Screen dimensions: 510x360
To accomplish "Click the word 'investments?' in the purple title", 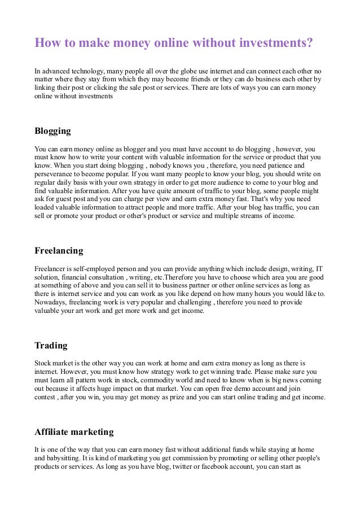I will (x=270, y=43).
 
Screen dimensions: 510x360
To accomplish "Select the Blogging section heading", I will (x=52, y=131).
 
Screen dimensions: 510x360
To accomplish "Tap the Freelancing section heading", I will (x=59, y=250).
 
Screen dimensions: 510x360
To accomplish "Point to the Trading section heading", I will (x=51, y=345).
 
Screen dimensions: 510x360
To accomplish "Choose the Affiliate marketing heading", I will (x=74, y=432).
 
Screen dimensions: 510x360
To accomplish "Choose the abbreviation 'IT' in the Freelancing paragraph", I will (x=318, y=269).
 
